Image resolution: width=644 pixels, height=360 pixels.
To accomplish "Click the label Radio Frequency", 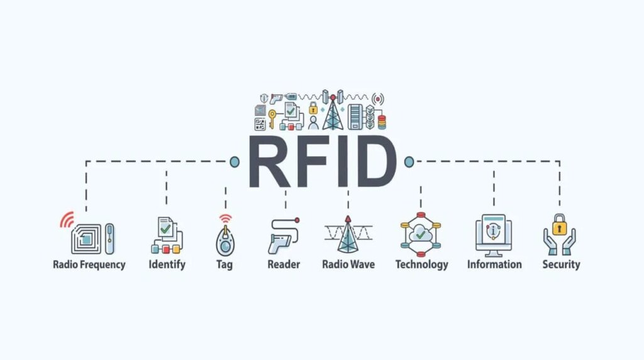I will coord(89,264).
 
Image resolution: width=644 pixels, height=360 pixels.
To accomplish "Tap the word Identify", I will coord(167,264).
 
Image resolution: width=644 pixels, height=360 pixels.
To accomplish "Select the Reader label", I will coord(284,264).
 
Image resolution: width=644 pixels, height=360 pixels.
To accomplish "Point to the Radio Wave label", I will coord(348,264).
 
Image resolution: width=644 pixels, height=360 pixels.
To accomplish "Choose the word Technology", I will coord(421,264).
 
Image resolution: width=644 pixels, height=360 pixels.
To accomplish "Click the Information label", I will coord(494,264).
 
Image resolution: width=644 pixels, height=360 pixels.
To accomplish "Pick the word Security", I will coord(561,264).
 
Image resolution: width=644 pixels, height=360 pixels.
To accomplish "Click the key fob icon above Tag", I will coord(225,239).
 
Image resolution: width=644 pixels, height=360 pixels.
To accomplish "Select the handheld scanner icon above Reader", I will coord(281,237).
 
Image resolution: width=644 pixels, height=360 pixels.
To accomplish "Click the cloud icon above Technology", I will coord(421,235).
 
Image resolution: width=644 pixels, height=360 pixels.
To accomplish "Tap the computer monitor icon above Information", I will coord(494,233).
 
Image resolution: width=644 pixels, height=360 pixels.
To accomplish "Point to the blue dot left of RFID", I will coord(235,162).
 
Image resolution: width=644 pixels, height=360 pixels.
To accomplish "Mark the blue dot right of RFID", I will coord(409,162).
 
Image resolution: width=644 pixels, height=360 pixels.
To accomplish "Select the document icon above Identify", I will coord(165,227).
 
